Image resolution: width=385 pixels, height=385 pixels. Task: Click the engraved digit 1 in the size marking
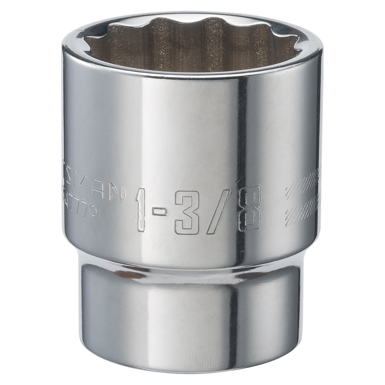(x=141, y=210)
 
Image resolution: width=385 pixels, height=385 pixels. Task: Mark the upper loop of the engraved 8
(x=249, y=197)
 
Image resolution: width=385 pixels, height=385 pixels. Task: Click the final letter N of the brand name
(x=116, y=194)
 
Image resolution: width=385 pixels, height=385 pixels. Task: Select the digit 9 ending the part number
(x=91, y=213)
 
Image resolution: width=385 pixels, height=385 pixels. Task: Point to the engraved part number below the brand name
(x=81, y=210)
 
